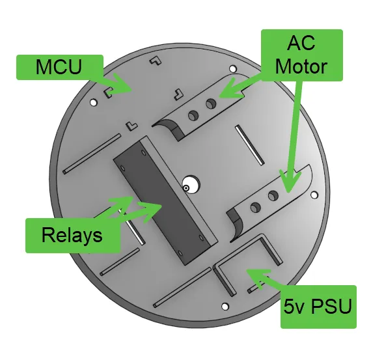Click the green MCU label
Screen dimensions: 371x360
(x=60, y=67)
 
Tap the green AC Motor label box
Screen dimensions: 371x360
(x=302, y=55)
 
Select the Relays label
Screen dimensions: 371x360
(x=73, y=235)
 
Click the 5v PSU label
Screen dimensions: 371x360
(x=318, y=307)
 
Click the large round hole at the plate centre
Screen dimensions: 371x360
(x=191, y=184)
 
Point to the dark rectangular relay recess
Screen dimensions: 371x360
(x=161, y=201)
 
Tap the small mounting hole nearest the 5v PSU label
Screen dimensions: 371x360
(x=225, y=307)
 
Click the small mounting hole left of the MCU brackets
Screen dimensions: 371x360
(x=94, y=103)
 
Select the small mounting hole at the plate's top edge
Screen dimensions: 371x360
(x=233, y=69)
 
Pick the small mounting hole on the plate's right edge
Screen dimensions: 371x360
(x=314, y=195)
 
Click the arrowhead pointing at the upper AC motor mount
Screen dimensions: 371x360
(x=230, y=88)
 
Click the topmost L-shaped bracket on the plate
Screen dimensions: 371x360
(x=156, y=61)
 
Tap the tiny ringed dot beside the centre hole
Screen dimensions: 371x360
(x=186, y=188)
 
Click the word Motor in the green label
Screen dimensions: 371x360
(x=301, y=66)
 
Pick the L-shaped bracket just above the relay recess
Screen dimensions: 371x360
(x=131, y=126)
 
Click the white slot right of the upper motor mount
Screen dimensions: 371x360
(x=250, y=145)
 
